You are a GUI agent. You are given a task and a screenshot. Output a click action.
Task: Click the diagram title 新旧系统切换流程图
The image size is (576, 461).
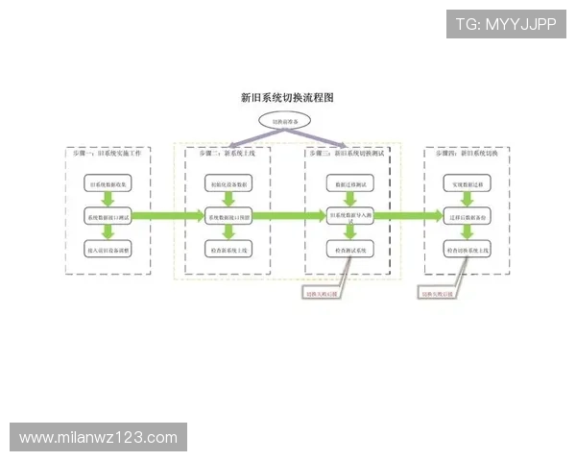287,98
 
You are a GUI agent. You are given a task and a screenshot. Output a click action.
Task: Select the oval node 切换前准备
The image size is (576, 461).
285,122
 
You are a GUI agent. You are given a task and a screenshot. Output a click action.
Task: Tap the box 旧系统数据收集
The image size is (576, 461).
108,182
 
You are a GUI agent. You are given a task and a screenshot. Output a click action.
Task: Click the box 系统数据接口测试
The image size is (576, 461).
108,216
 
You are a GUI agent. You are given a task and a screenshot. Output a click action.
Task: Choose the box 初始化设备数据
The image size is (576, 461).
228,182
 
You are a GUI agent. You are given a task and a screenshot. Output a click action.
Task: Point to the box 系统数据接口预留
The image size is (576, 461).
228,216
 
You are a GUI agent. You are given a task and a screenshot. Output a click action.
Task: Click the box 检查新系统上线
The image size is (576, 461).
228,250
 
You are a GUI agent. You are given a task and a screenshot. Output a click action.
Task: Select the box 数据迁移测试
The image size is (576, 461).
348,182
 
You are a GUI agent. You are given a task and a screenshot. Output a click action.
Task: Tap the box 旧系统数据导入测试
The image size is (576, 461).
348,216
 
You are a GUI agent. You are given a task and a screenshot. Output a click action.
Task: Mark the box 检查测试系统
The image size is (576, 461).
348,250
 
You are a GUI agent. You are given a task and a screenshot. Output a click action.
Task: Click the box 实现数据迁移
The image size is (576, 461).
468,182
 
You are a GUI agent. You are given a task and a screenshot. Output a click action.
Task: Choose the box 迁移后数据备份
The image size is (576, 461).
468,216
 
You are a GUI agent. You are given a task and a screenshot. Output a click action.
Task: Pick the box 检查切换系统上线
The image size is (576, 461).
468,250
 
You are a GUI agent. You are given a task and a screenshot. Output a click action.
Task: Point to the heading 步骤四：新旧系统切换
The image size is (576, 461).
467,154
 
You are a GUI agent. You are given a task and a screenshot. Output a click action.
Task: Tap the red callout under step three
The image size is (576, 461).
322,293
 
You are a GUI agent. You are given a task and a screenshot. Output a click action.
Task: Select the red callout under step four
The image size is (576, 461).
438,293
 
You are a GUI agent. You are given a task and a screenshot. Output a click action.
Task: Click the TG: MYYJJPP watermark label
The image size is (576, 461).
506,24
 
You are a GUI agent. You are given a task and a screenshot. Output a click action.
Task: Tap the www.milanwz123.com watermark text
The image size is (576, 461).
99,438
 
